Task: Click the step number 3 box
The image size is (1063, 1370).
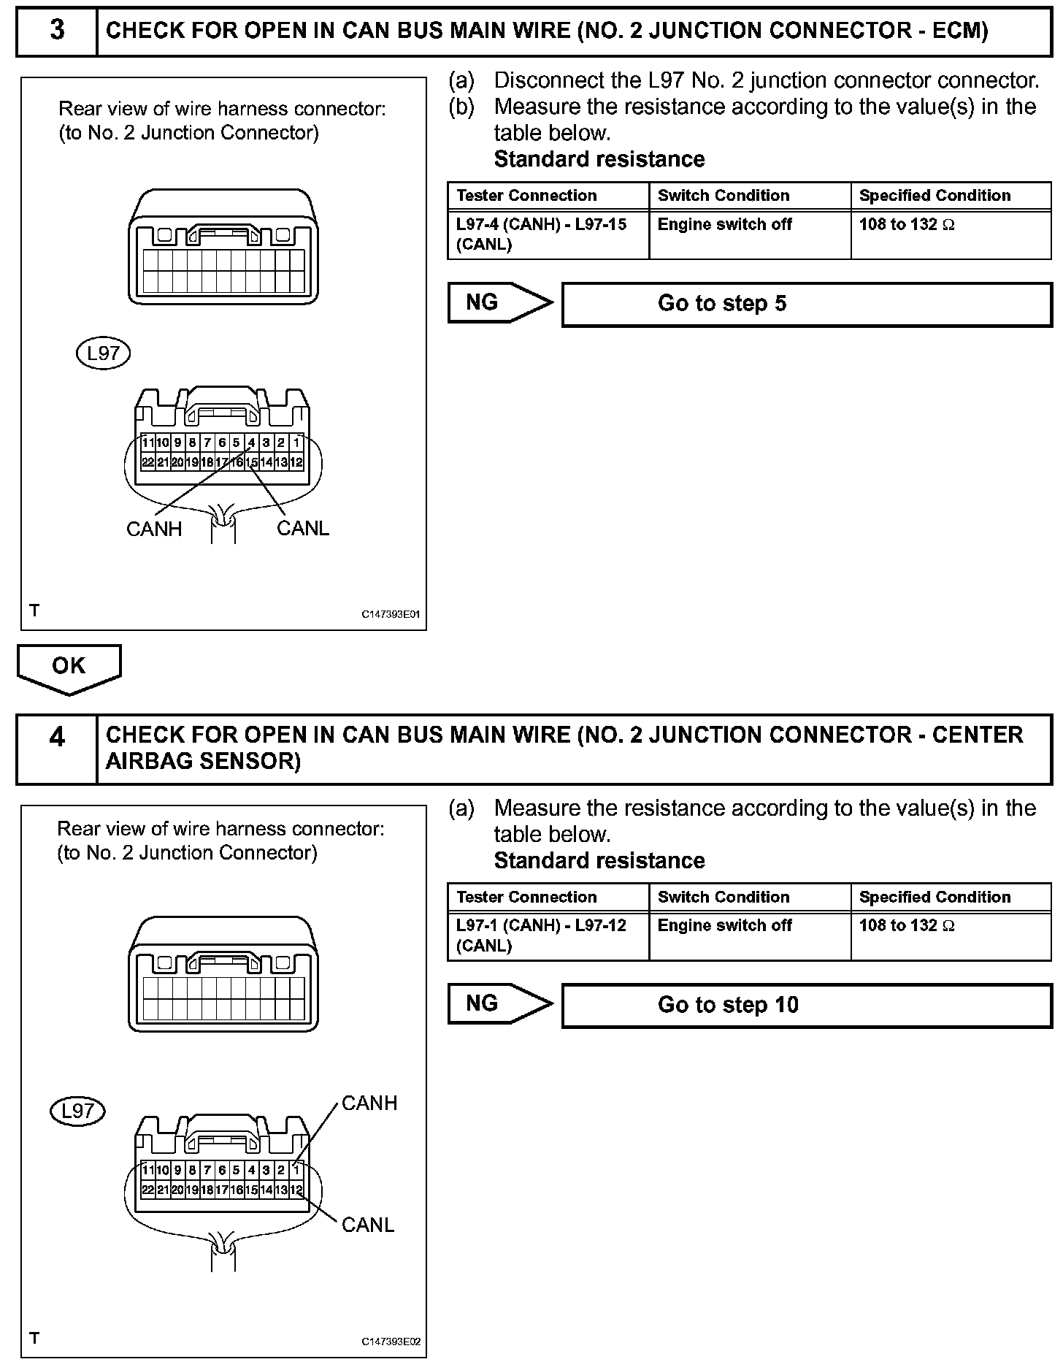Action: click(57, 31)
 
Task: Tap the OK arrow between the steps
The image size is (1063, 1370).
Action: click(69, 667)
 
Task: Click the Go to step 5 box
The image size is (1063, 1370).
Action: click(806, 304)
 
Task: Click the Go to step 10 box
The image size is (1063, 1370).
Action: click(806, 1005)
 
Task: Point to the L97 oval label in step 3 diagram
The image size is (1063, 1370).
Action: click(103, 353)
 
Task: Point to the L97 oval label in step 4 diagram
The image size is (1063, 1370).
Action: click(77, 1111)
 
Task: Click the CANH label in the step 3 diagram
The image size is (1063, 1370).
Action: click(154, 529)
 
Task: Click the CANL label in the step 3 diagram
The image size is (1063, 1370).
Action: click(303, 528)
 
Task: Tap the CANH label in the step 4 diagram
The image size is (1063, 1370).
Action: click(369, 1103)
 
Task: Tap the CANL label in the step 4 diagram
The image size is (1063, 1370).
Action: click(368, 1225)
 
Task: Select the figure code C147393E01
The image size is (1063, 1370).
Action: click(391, 615)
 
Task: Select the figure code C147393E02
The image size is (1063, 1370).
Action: click(391, 1342)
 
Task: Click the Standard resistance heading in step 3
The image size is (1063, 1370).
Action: click(599, 159)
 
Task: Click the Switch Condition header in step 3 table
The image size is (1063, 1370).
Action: click(724, 196)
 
